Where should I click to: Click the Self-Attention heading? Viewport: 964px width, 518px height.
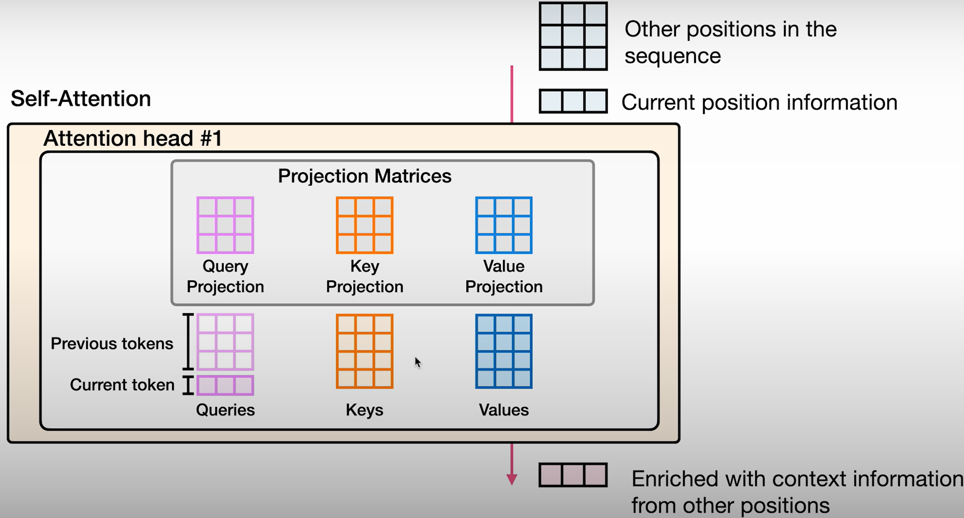pyautogui.click(x=81, y=99)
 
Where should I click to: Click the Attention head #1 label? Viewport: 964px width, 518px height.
pyautogui.click(x=133, y=138)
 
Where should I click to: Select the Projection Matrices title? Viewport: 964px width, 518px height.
pyautogui.click(x=365, y=176)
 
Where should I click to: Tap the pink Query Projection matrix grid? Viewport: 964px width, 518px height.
pyautogui.click(x=225, y=225)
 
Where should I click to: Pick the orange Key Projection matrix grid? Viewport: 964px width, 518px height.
pyautogui.click(x=365, y=225)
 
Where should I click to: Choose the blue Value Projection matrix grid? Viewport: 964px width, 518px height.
pyautogui.click(x=504, y=225)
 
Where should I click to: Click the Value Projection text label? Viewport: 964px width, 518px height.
pyautogui.click(x=504, y=276)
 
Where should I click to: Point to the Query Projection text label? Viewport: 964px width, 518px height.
pyautogui.click(x=225, y=276)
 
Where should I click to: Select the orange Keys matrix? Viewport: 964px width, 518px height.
pyautogui.click(x=365, y=351)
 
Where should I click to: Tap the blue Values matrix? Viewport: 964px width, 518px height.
pyautogui.click(x=504, y=351)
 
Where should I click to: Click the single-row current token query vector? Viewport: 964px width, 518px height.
pyautogui.click(x=225, y=385)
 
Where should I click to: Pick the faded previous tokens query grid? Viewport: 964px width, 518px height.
pyautogui.click(x=225, y=342)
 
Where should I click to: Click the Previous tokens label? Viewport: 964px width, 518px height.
pyautogui.click(x=112, y=344)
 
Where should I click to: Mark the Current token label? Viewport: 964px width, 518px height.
pyautogui.click(x=122, y=385)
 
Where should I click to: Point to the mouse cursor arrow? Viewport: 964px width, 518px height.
pyautogui.click(x=417, y=362)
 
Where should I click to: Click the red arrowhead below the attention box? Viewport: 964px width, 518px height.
pyautogui.click(x=512, y=479)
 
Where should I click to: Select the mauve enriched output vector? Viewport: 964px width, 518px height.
pyautogui.click(x=573, y=475)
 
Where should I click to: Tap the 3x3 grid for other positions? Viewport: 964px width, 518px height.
pyautogui.click(x=573, y=36)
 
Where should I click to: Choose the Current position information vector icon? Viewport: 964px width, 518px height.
pyautogui.click(x=573, y=101)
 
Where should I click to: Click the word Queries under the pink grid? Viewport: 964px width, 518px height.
pyautogui.click(x=225, y=410)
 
